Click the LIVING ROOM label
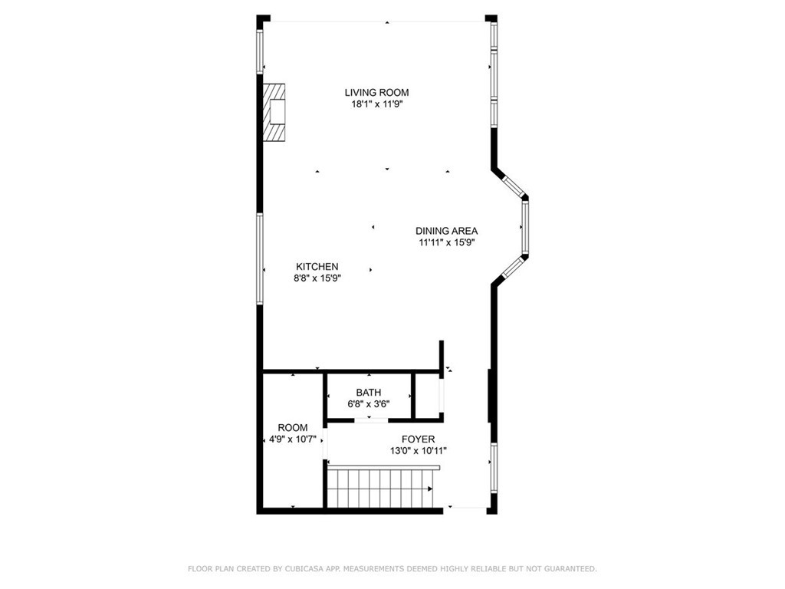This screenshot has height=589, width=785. tap(376, 93)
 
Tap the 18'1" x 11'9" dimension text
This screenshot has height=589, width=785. tap(376, 104)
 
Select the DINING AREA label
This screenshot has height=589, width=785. tap(446, 231)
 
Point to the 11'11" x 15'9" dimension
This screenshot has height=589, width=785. tap(446, 242)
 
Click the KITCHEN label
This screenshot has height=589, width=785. tap(317, 267)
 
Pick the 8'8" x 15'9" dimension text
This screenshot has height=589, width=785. tap(317, 278)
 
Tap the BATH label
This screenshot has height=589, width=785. tap(368, 393)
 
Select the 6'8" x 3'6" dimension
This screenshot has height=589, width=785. tap(368, 403)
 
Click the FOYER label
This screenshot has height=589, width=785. tap(418, 439)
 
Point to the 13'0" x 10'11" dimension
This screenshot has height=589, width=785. tap(418, 451)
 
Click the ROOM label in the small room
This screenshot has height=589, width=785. tap(292, 428)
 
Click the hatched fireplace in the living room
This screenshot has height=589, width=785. tap(274, 113)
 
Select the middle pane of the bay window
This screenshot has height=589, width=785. tap(525, 228)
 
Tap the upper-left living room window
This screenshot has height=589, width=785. tap(260, 48)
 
